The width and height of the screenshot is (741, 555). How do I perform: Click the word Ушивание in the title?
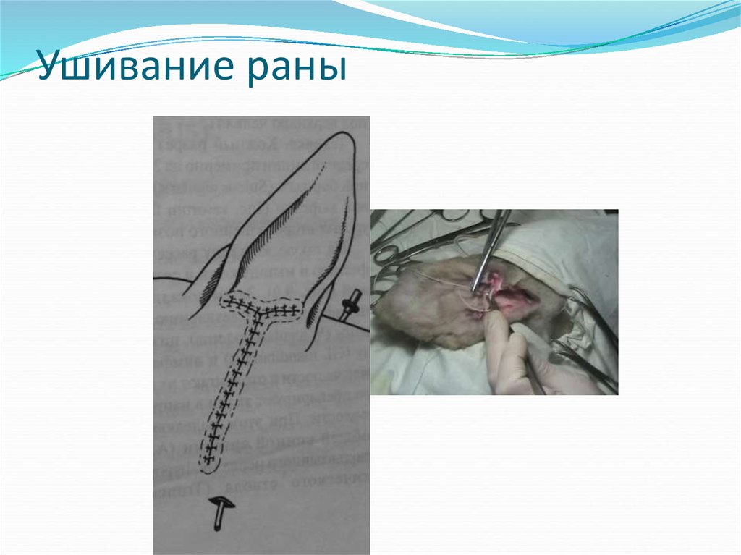click(x=135, y=71)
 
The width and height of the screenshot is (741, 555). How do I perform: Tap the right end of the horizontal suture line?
click(x=296, y=311)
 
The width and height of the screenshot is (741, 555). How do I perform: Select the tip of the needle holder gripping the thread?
click(x=477, y=288)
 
